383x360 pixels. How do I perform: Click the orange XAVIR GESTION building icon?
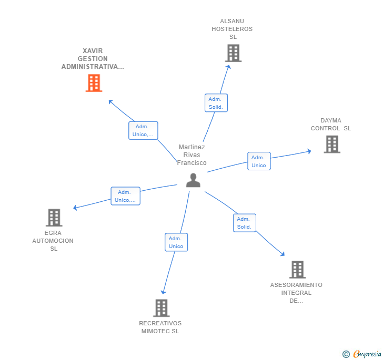pos(94,83)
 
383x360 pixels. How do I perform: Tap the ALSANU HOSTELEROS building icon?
pos(233,53)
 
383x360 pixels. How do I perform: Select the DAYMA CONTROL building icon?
pos(331,144)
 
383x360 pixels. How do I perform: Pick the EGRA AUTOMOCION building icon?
pos(54,218)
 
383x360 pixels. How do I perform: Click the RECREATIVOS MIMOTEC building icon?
pos(161,308)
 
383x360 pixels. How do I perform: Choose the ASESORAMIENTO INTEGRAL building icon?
pos(297,270)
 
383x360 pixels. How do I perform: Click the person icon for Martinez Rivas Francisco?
pos(193,180)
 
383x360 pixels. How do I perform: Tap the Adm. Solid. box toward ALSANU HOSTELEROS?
pos(216,103)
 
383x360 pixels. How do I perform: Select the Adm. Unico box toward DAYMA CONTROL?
pos(259,161)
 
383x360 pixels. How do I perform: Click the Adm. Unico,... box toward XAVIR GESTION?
pos(143,130)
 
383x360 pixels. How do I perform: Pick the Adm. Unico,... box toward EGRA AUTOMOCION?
pos(125,196)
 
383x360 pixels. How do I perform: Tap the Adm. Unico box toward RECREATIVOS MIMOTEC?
pos(176,242)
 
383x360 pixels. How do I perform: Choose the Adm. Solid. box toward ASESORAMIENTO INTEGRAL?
pos(244,223)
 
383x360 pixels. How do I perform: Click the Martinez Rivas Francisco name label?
pos(191,155)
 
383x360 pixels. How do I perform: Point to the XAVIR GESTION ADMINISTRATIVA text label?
pos(93,59)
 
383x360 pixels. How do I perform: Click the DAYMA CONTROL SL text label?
pos(330,125)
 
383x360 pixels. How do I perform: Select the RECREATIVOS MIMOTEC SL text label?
pos(160,327)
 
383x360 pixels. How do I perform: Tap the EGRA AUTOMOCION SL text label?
pos(53,241)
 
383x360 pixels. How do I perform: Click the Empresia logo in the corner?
pos(362,354)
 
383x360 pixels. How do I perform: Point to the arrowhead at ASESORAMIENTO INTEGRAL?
pos(283,254)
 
